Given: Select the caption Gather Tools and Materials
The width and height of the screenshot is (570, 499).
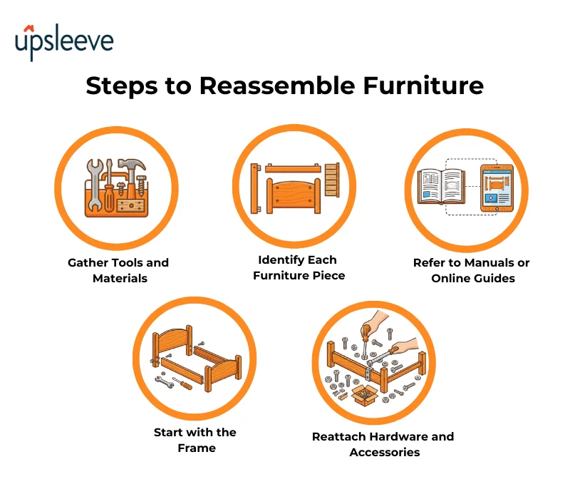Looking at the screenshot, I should click(118, 270).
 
